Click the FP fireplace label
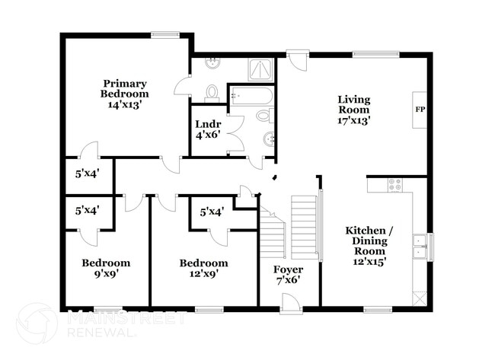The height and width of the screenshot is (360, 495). [420, 110]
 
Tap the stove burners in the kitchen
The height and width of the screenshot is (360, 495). [394, 185]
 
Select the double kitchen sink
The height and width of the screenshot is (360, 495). [420, 247]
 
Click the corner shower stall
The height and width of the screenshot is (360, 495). [260, 69]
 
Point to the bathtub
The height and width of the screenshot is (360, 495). [251, 96]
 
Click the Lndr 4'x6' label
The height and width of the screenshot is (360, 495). [208, 129]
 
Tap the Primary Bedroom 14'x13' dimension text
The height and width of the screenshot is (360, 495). [124, 104]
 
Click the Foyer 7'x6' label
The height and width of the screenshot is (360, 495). [288, 275]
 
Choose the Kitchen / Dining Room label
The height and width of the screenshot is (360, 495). [369, 246]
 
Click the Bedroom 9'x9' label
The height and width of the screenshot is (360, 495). [106, 268]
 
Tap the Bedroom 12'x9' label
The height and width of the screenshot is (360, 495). [204, 268]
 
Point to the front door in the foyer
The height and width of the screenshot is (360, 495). [291, 303]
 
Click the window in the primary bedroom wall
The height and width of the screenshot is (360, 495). [165, 35]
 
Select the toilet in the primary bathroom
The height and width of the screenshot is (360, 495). [212, 94]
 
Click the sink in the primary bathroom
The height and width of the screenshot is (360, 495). [212, 63]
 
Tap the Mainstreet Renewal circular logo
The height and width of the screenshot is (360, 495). [37, 323]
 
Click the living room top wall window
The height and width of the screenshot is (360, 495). [375, 54]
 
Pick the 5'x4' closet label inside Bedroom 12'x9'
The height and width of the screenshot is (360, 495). [212, 212]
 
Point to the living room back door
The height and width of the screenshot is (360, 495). [298, 60]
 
